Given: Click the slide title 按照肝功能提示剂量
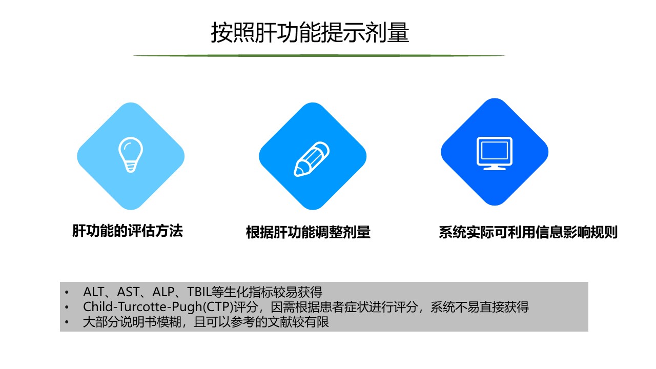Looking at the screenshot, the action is pyautogui.click(x=310, y=32).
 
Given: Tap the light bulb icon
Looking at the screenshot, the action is pyautogui.click(x=131, y=155).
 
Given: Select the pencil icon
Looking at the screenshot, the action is pyautogui.click(x=312, y=159).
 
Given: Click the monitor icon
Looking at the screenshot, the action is pyautogui.click(x=495, y=153).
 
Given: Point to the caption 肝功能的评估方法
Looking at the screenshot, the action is pyautogui.click(x=128, y=231).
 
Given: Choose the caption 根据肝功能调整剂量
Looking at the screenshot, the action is pyautogui.click(x=308, y=232).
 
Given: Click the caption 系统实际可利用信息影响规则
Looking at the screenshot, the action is pyautogui.click(x=528, y=232).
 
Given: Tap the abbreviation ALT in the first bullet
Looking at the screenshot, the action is pyautogui.click(x=93, y=292).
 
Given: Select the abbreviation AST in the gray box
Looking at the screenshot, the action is pyautogui.click(x=128, y=292).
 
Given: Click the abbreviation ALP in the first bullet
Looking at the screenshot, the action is pyautogui.click(x=163, y=292).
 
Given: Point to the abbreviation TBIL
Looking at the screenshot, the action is pyautogui.click(x=199, y=292).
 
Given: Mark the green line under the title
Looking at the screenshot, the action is pyautogui.click(x=319, y=55).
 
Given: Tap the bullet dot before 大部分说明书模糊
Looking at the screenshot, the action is pyautogui.click(x=67, y=322).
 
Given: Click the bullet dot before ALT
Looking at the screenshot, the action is pyautogui.click(x=67, y=292).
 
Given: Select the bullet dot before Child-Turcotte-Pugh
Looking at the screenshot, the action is pyautogui.click(x=67, y=307).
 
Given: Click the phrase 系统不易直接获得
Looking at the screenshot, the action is pyautogui.click(x=479, y=307).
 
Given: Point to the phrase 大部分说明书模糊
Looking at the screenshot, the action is pyautogui.click(x=132, y=322).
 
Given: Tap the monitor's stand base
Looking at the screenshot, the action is pyautogui.click(x=495, y=169).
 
